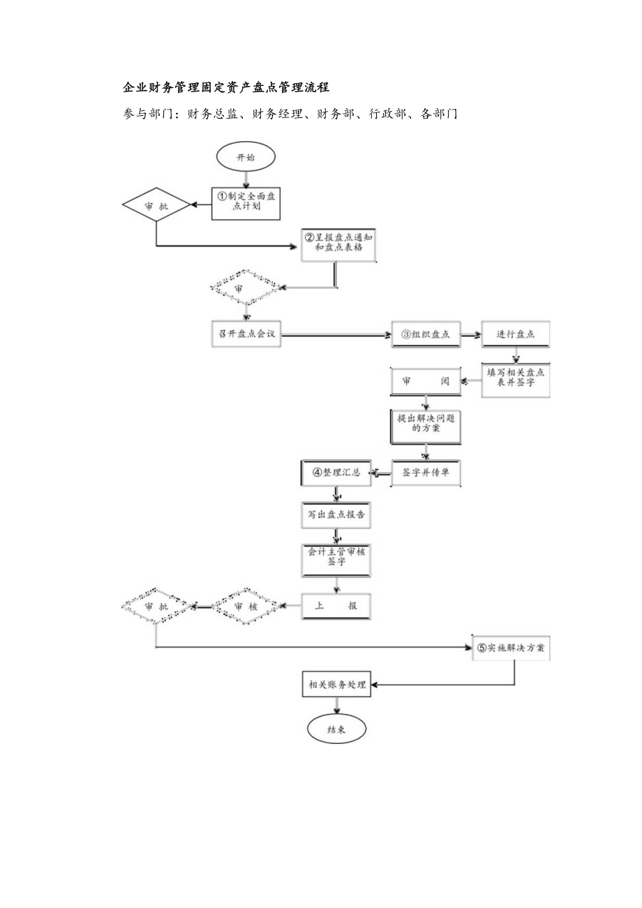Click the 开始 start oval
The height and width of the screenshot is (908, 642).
(246, 158)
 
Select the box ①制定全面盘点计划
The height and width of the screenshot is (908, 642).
(246, 203)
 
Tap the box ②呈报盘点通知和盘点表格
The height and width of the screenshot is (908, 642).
(338, 244)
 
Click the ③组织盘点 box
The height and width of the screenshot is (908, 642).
(425, 334)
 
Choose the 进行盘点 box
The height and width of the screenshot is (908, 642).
(515, 334)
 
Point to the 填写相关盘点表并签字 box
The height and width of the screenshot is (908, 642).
(516, 379)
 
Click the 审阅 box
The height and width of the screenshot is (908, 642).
(425, 382)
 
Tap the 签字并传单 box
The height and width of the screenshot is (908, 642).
(425, 472)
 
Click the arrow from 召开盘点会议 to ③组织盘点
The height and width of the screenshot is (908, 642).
(335, 335)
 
